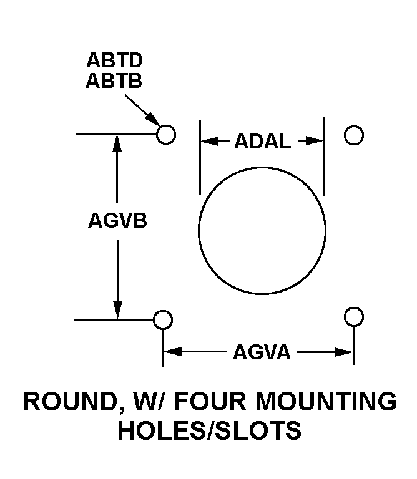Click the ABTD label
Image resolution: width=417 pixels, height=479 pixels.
click(115, 60)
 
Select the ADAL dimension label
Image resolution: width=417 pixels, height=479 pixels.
click(262, 142)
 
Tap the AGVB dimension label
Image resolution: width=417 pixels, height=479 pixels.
click(117, 221)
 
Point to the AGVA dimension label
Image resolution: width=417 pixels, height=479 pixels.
click(262, 352)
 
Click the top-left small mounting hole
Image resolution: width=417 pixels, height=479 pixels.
click(165, 134)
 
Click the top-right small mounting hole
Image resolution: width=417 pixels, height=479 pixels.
click(354, 135)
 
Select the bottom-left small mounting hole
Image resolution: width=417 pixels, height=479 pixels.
click(163, 319)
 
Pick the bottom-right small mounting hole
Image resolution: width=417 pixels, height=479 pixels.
click(354, 317)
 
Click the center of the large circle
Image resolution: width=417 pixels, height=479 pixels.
click(262, 230)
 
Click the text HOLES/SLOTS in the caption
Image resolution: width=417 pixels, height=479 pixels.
click(209, 431)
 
